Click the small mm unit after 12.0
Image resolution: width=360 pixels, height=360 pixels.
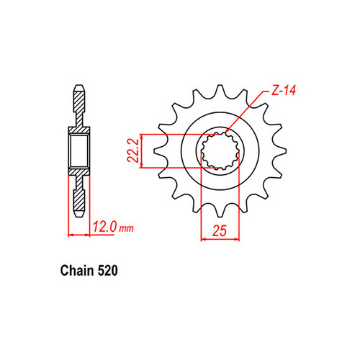tap(127, 230)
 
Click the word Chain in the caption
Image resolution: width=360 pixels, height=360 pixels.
tap(72, 273)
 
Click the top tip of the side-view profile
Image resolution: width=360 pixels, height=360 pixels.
tap(79, 90)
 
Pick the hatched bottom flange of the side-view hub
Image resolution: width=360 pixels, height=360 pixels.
tap(79, 176)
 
